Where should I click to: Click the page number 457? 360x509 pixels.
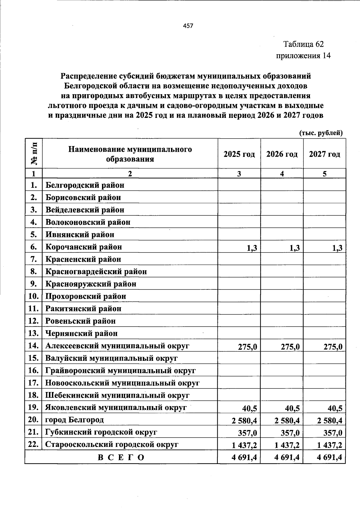(188, 26)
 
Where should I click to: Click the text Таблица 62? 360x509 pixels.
(304, 44)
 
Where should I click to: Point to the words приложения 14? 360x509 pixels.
(303, 56)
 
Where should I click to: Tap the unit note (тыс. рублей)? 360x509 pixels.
(321, 133)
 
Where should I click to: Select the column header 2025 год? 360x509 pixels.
(239, 154)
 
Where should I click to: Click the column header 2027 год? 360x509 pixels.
(325, 154)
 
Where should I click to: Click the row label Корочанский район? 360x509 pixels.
(84, 247)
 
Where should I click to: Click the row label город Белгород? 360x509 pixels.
(74, 420)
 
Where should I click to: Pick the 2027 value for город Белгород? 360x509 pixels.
(329, 421)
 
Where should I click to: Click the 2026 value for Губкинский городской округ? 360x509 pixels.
(290, 433)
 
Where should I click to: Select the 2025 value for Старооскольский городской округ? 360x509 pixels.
(244, 445)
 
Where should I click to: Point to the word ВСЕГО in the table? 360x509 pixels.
(121, 458)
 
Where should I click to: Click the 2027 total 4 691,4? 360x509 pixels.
(329, 458)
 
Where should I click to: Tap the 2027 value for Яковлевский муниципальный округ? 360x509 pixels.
(333, 409)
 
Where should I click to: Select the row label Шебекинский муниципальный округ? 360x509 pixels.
(117, 395)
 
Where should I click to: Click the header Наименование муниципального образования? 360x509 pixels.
(130, 154)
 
